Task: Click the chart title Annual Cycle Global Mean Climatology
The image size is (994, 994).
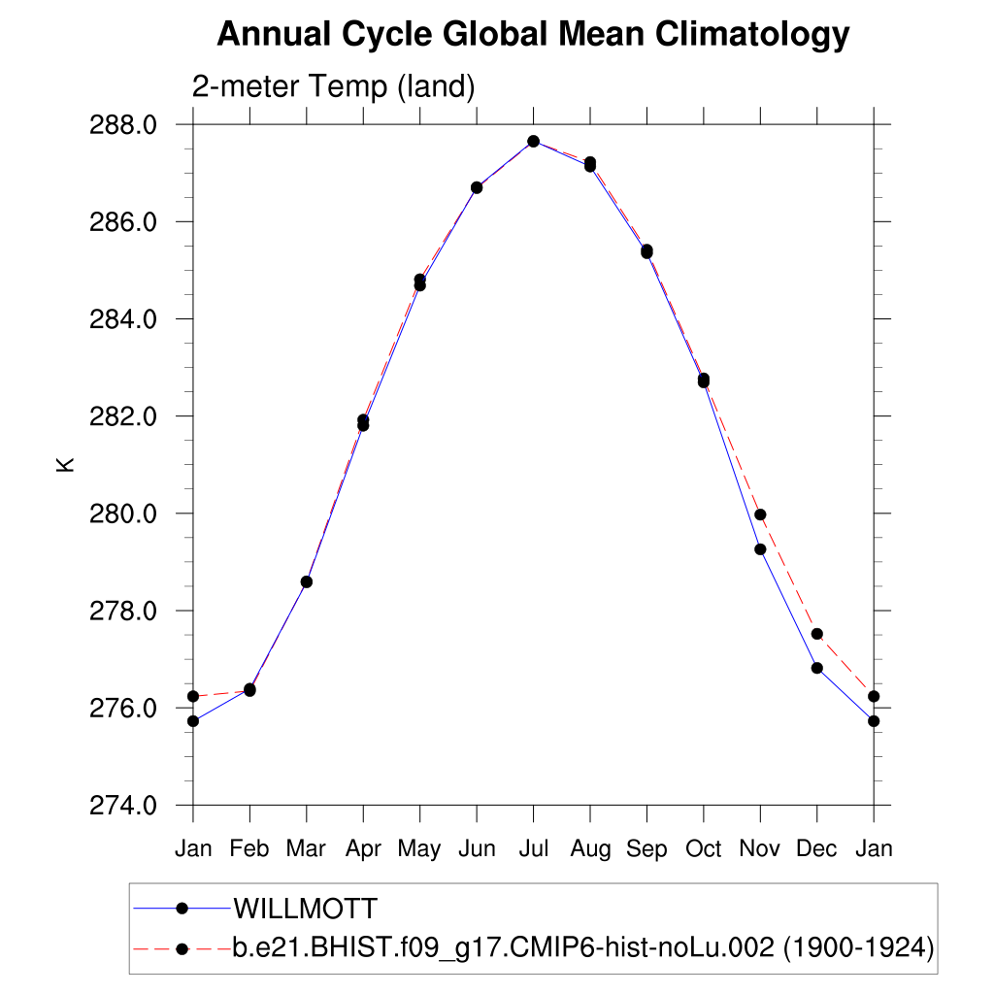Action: (x=533, y=35)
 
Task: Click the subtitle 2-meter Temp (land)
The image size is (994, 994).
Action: (x=333, y=87)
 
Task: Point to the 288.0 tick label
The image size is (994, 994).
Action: (x=121, y=125)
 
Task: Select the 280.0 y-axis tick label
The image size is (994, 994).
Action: (x=121, y=514)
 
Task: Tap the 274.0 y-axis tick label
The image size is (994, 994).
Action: (x=121, y=805)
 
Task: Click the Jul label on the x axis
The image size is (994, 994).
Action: (x=533, y=849)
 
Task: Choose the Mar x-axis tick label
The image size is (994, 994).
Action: (x=306, y=849)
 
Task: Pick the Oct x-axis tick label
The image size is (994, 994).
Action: (x=703, y=849)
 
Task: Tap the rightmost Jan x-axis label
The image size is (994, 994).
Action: (x=874, y=849)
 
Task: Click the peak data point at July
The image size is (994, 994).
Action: (x=533, y=142)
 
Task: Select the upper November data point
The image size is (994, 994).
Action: (x=760, y=514)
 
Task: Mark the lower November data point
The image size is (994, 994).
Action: (x=760, y=549)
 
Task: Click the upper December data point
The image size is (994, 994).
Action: (x=817, y=634)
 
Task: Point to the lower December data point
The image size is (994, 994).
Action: (x=817, y=668)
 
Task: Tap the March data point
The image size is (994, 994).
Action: (x=307, y=581)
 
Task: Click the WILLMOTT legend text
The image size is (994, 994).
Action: (x=305, y=910)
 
